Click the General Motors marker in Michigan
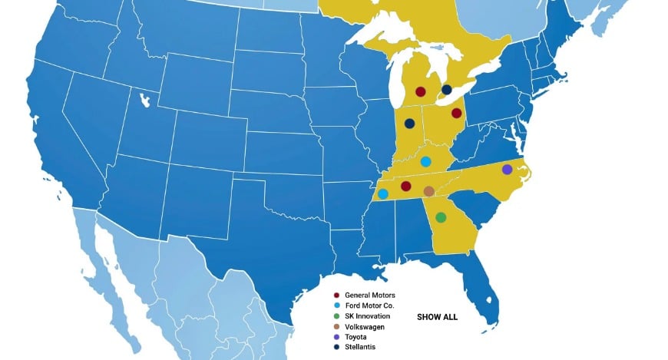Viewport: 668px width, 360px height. click(420, 92)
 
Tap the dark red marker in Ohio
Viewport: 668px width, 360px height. click(456, 114)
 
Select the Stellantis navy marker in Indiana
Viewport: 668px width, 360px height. click(409, 124)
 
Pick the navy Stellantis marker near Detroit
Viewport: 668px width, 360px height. click(447, 90)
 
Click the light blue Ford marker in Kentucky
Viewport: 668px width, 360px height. click(425, 161)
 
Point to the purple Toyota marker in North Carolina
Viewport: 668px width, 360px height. click(507, 169)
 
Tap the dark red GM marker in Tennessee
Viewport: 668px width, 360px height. click(405, 186)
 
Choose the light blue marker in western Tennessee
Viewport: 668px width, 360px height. click(382, 194)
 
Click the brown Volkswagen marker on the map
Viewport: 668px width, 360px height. click(428, 190)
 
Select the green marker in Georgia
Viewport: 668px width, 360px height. click(441, 217)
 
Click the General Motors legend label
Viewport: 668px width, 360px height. click(370, 295)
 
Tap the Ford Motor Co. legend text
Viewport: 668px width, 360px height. click(369, 306)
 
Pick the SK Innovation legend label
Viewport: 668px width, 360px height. click(368, 316)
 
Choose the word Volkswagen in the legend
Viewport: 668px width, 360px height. click(365, 327)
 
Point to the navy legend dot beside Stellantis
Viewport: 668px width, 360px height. click(336, 348)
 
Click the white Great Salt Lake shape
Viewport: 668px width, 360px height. click(144, 99)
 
